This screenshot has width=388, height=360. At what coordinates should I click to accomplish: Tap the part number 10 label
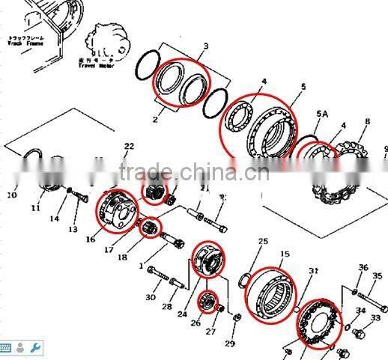(11, 196)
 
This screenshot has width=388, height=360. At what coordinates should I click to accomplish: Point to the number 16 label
(91, 240)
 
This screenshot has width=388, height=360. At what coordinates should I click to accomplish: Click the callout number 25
(263, 241)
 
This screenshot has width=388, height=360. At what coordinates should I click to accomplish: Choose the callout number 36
(363, 267)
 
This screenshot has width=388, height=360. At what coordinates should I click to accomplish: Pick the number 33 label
(375, 317)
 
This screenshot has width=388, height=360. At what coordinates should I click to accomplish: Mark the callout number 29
(229, 344)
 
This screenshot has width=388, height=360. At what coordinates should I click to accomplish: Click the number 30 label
(150, 297)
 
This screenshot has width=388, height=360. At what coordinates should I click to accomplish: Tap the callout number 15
(285, 254)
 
